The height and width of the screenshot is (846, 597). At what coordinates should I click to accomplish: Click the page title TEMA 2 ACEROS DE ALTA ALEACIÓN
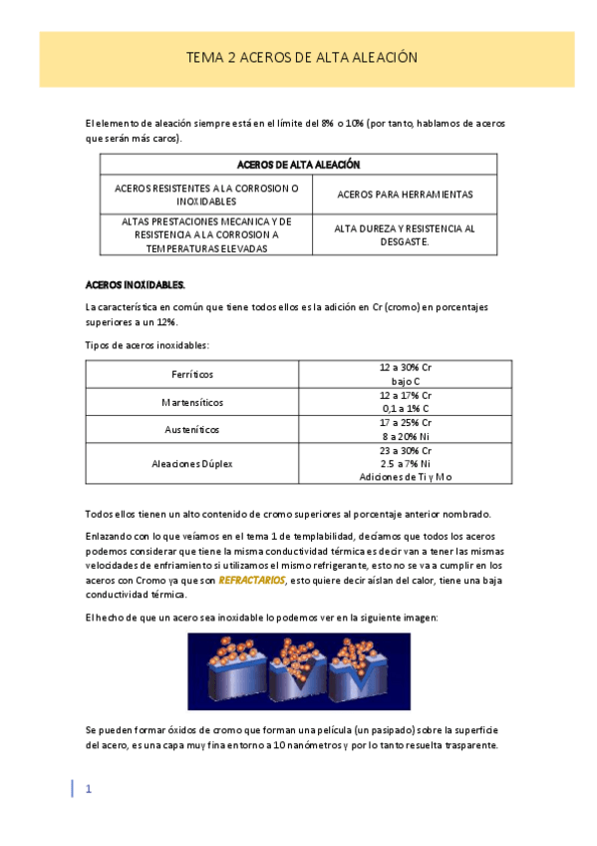(301, 59)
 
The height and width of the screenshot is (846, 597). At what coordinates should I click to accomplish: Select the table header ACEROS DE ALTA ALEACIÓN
(298, 165)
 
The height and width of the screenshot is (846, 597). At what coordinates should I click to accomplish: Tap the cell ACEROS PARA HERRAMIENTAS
(405, 195)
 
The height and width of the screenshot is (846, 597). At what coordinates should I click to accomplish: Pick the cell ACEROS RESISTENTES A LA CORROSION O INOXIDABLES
(206, 195)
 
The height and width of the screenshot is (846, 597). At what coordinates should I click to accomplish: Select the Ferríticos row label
(192, 374)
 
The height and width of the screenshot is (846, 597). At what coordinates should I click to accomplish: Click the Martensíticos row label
(192, 402)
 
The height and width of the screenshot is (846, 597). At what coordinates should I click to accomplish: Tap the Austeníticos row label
(192, 429)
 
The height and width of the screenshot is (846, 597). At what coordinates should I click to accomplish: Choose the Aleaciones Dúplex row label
(192, 464)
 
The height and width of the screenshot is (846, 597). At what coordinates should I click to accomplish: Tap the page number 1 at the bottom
(89, 789)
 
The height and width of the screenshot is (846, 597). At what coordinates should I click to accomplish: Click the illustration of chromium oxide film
(299, 670)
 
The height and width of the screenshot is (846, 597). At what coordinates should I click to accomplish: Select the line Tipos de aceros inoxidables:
(148, 344)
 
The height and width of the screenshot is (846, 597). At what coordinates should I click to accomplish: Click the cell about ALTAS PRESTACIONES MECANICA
(206, 234)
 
